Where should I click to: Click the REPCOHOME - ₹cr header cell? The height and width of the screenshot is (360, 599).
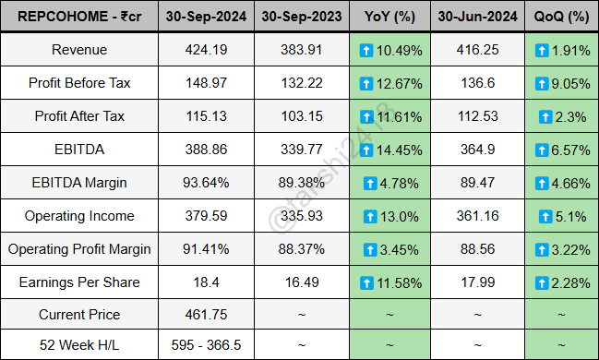[78, 17]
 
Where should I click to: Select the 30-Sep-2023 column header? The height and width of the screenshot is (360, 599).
[302, 17]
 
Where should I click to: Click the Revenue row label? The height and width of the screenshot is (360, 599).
[78, 50]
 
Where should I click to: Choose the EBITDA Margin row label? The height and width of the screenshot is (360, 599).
[78, 183]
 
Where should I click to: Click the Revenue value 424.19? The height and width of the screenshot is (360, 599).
[207, 50]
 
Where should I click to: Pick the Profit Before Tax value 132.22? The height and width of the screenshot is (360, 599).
[302, 83]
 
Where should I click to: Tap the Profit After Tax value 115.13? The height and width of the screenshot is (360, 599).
[207, 116]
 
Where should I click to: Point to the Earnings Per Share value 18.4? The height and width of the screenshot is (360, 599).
[207, 282]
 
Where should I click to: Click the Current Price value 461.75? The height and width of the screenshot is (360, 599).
[207, 316]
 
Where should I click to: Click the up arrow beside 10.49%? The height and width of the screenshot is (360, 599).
[367, 50]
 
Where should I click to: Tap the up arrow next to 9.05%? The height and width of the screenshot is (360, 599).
[541, 83]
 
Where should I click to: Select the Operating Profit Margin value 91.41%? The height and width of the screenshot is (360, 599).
[207, 249]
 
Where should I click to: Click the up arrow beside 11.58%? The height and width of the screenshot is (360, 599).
[367, 282]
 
